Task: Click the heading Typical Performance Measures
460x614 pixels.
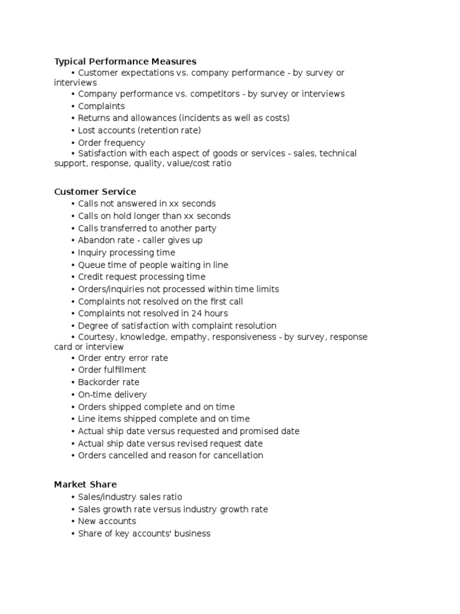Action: (125, 61)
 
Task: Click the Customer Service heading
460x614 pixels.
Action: (95, 192)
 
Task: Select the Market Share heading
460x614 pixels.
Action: (85, 484)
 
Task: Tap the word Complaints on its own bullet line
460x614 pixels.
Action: (101, 107)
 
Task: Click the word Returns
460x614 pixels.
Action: (95, 118)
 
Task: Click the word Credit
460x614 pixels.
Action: (90, 277)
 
